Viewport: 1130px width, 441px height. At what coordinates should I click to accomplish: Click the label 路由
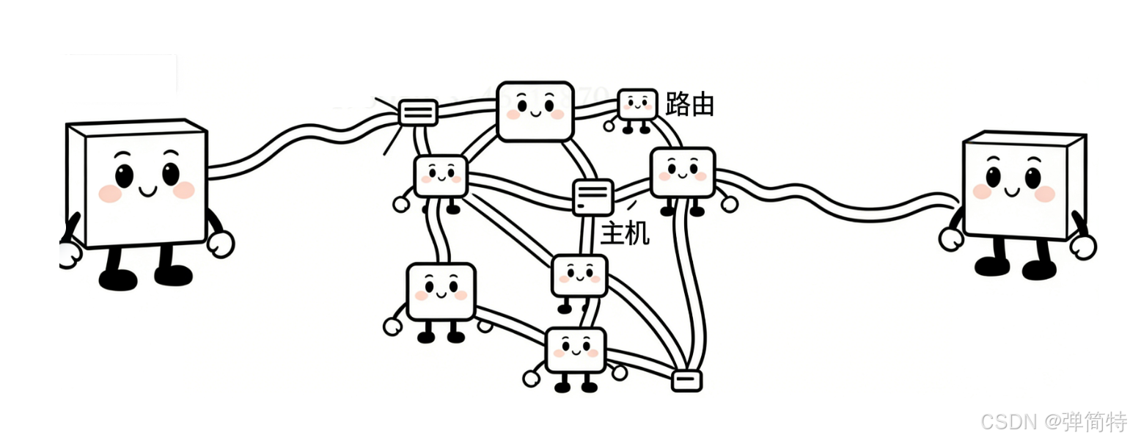pyautogui.click(x=689, y=105)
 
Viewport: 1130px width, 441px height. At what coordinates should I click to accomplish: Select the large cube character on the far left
pyautogui.click(x=139, y=183)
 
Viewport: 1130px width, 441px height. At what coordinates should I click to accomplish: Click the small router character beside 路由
pyautogui.click(x=637, y=104)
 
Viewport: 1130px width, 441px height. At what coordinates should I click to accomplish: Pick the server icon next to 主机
pyautogui.click(x=592, y=197)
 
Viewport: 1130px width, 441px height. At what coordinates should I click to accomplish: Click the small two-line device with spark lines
pyautogui.click(x=418, y=112)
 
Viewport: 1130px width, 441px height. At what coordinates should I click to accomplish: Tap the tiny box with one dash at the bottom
pyautogui.click(x=686, y=379)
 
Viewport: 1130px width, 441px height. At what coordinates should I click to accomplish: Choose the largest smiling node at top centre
pyautogui.click(x=535, y=110)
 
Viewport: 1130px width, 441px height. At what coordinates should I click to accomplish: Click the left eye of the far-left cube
pyautogui.click(x=124, y=175)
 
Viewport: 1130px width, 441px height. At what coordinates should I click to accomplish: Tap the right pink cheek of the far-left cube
pyautogui.click(x=184, y=190)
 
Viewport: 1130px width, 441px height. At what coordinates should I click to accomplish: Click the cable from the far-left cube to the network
pyautogui.click(x=293, y=147)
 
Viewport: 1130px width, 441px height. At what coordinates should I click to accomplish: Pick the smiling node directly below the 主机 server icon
pyautogui.click(x=579, y=274)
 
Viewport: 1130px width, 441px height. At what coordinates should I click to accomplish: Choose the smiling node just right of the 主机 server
pyautogui.click(x=682, y=172)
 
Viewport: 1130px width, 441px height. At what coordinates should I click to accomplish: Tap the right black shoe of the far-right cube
pyautogui.click(x=1039, y=269)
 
